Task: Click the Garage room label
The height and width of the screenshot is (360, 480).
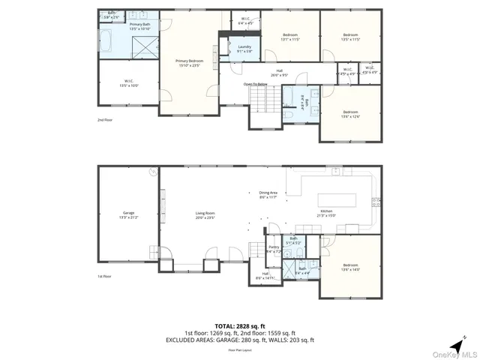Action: [x=128, y=215]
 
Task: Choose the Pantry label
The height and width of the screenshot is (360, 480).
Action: [x=274, y=249]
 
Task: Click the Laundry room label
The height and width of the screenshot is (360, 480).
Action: [x=244, y=49]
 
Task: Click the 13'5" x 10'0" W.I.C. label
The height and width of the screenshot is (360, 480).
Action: [x=128, y=83]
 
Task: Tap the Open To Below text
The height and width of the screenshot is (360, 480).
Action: [x=257, y=84]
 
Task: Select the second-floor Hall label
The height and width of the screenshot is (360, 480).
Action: [x=279, y=73]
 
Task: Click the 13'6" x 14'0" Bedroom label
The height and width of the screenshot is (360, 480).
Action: [x=350, y=266]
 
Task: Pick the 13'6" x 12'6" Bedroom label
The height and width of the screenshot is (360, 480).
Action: [x=350, y=114]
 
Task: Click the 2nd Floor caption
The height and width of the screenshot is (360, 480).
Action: [x=104, y=120]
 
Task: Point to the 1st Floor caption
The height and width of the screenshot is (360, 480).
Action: [x=104, y=277]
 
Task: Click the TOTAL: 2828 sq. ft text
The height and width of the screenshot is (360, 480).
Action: [x=239, y=326]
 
